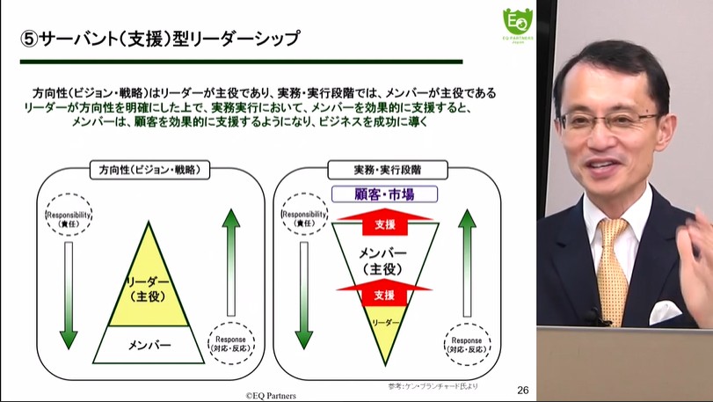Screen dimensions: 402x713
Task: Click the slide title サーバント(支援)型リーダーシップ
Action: pyautogui.click(x=159, y=40)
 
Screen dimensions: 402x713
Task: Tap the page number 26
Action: pyautogui.click(x=522, y=389)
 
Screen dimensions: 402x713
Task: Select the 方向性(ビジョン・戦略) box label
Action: pyautogui.click(x=149, y=168)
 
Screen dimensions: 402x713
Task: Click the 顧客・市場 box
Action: pyautogui.click(x=383, y=194)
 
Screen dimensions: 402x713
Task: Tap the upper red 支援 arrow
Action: pyautogui.click(x=384, y=223)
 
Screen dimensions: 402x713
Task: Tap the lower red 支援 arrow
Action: pyautogui.click(x=384, y=294)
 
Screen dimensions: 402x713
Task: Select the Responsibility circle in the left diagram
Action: pyautogui.click(x=67, y=216)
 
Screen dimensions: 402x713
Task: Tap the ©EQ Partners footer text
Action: pyautogui.click(x=271, y=396)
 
